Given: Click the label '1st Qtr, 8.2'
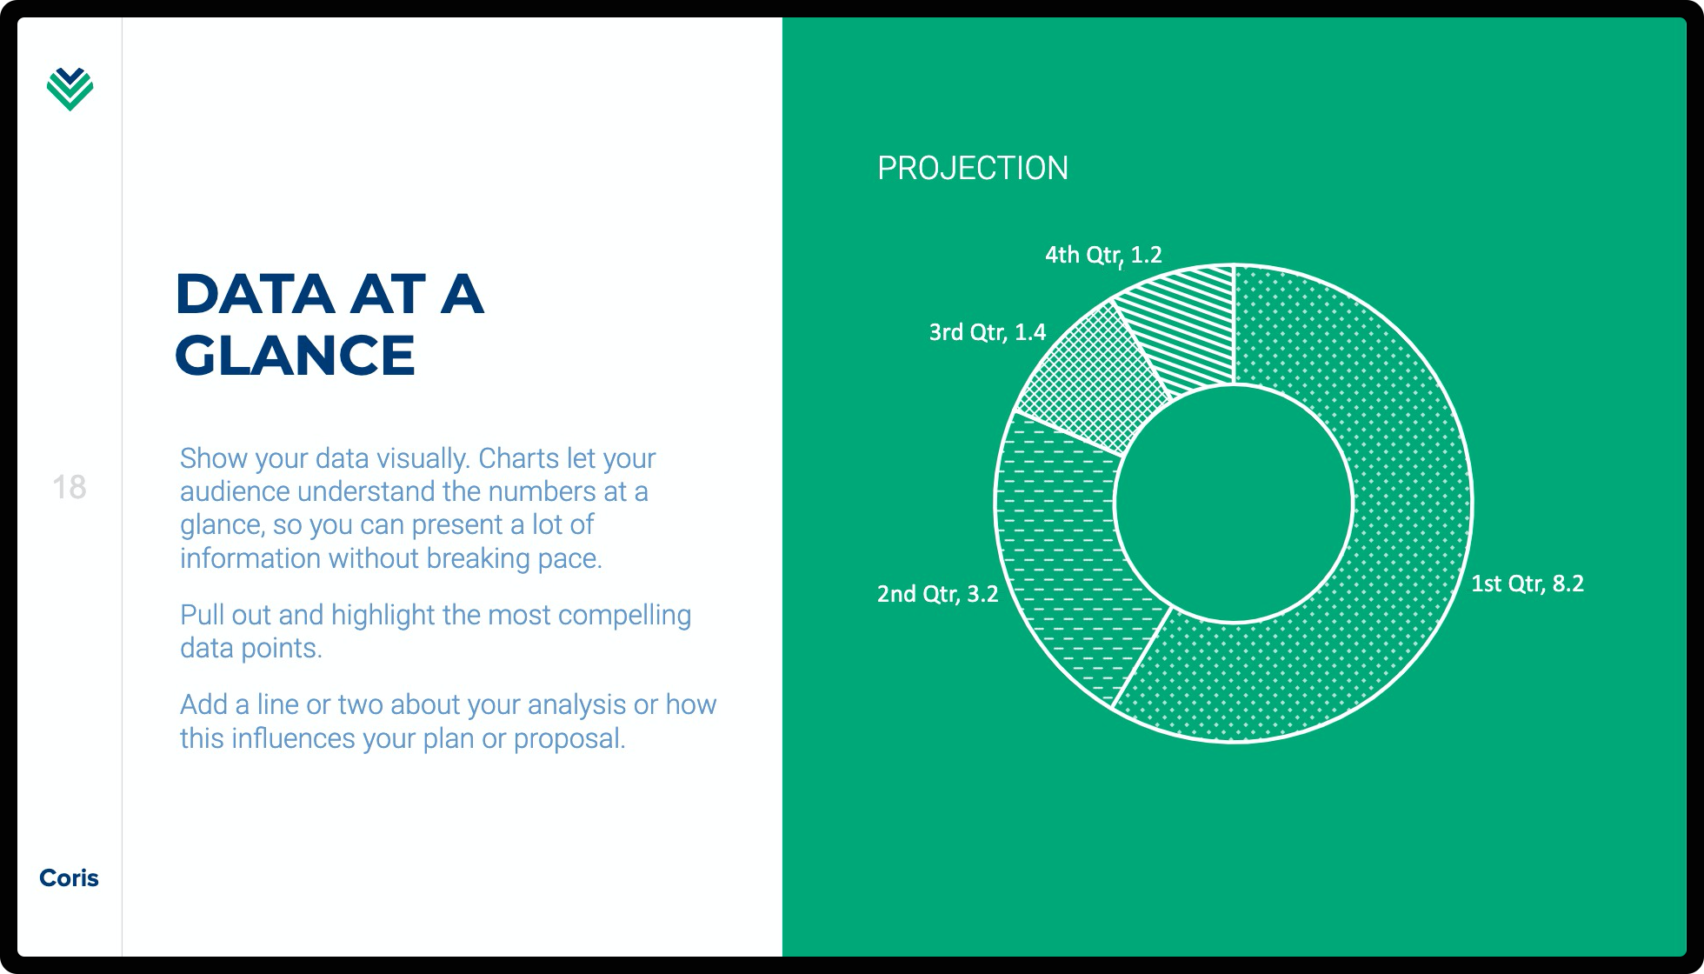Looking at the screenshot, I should coord(1527,584).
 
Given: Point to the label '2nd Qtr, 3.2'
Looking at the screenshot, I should coord(937,594).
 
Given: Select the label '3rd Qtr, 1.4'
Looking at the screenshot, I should coord(987,332).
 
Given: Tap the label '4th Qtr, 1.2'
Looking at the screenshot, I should coord(1102,255).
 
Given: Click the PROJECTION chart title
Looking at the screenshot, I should coord(972,168).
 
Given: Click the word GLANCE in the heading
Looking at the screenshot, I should coord(295,356).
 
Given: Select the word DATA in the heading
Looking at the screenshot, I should coord(255,294).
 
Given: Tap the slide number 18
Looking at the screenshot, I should coord(69,487).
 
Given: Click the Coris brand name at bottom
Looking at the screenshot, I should coord(69,877).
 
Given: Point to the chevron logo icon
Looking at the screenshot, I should coord(70,89).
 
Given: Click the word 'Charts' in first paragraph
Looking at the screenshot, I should coord(518,458).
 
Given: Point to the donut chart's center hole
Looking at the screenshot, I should coord(1234,504).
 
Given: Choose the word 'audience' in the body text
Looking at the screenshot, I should coord(235,491).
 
